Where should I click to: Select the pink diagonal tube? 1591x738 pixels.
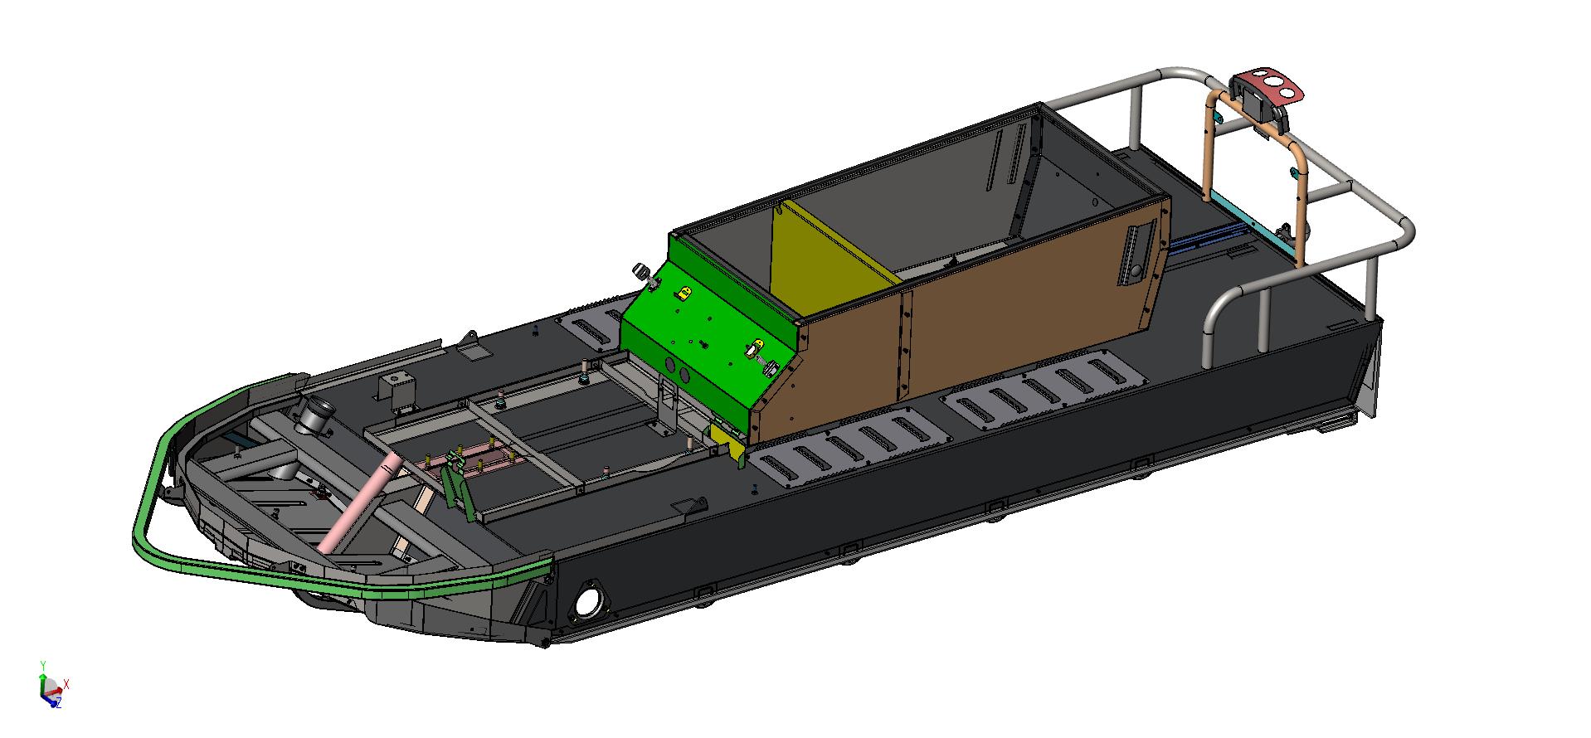354,504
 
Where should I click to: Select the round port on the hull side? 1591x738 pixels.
587,602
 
